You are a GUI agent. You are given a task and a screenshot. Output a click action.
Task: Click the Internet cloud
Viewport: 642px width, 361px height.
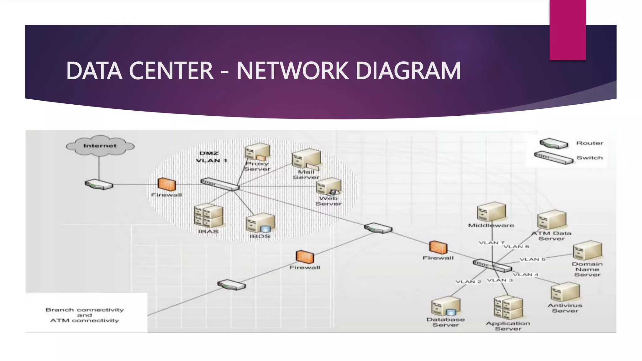(x=100, y=146)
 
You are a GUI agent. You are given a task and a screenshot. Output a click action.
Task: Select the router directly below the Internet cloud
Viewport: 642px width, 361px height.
(x=99, y=185)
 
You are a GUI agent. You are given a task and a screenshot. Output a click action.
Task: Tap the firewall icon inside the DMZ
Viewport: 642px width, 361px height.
(x=166, y=184)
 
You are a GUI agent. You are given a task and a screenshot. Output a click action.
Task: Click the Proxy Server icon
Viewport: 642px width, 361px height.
(x=257, y=152)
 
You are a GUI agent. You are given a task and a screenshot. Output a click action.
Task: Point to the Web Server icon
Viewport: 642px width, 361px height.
(x=329, y=187)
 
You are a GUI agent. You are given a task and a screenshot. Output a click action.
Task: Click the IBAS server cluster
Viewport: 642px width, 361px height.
(x=208, y=216)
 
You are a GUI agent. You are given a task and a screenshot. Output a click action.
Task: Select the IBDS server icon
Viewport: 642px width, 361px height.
(x=260, y=223)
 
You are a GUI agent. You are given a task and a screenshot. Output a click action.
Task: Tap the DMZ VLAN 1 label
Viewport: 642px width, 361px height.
(x=211, y=157)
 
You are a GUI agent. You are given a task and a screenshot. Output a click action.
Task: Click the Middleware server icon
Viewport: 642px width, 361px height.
(x=491, y=212)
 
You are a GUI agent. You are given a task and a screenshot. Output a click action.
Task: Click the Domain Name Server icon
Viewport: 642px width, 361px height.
(x=587, y=251)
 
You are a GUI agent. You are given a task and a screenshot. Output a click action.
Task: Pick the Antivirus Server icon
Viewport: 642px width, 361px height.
(x=565, y=292)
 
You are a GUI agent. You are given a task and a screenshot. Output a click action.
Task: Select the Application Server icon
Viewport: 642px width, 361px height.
(x=508, y=308)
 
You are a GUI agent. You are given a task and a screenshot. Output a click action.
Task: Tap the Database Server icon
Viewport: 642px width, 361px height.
(x=445, y=307)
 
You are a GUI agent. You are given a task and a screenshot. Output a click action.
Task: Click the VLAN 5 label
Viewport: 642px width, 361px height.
(x=533, y=259)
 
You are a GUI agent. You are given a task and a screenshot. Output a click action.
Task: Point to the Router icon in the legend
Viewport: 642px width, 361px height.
(x=554, y=144)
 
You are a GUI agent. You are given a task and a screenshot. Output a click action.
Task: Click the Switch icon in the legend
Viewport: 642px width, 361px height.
(x=554, y=158)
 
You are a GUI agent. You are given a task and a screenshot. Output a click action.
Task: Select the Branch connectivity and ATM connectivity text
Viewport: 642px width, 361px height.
(x=85, y=315)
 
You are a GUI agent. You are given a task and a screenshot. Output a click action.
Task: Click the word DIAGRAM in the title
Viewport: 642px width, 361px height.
(x=408, y=71)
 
